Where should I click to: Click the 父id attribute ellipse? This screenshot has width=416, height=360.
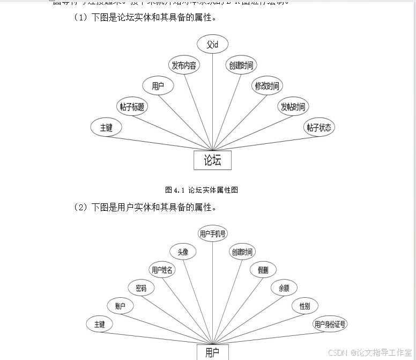coord(212,45)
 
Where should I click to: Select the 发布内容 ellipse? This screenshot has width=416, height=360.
coord(184,66)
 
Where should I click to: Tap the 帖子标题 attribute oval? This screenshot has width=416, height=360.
coord(132,107)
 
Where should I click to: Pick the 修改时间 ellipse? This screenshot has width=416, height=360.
coord(266,86)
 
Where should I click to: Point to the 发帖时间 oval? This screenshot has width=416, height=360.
coord(293,107)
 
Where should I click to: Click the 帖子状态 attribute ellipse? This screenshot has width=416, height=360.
coord(319,128)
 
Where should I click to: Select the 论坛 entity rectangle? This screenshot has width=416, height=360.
coord(212,160)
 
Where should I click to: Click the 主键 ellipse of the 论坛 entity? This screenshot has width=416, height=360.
coord(106,128)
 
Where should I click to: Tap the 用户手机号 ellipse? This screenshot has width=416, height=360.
coord(213,234)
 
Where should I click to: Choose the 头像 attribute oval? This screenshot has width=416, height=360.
coord(182,252)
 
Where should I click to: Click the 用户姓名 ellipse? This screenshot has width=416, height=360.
coord(162,270)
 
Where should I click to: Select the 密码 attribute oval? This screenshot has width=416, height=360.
coord(141,288)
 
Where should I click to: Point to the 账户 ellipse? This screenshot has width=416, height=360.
coord(120,306)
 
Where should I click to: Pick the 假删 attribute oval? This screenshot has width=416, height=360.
coord(263,270)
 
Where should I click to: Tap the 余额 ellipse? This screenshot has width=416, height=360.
coord(284,288)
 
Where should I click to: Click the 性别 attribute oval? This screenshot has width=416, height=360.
coord(304,306)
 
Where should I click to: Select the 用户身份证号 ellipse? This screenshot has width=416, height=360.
coord(330,324)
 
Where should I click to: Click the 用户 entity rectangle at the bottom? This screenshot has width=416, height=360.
coord(212,352)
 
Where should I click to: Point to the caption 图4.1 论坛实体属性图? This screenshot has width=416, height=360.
coord(202,190)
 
